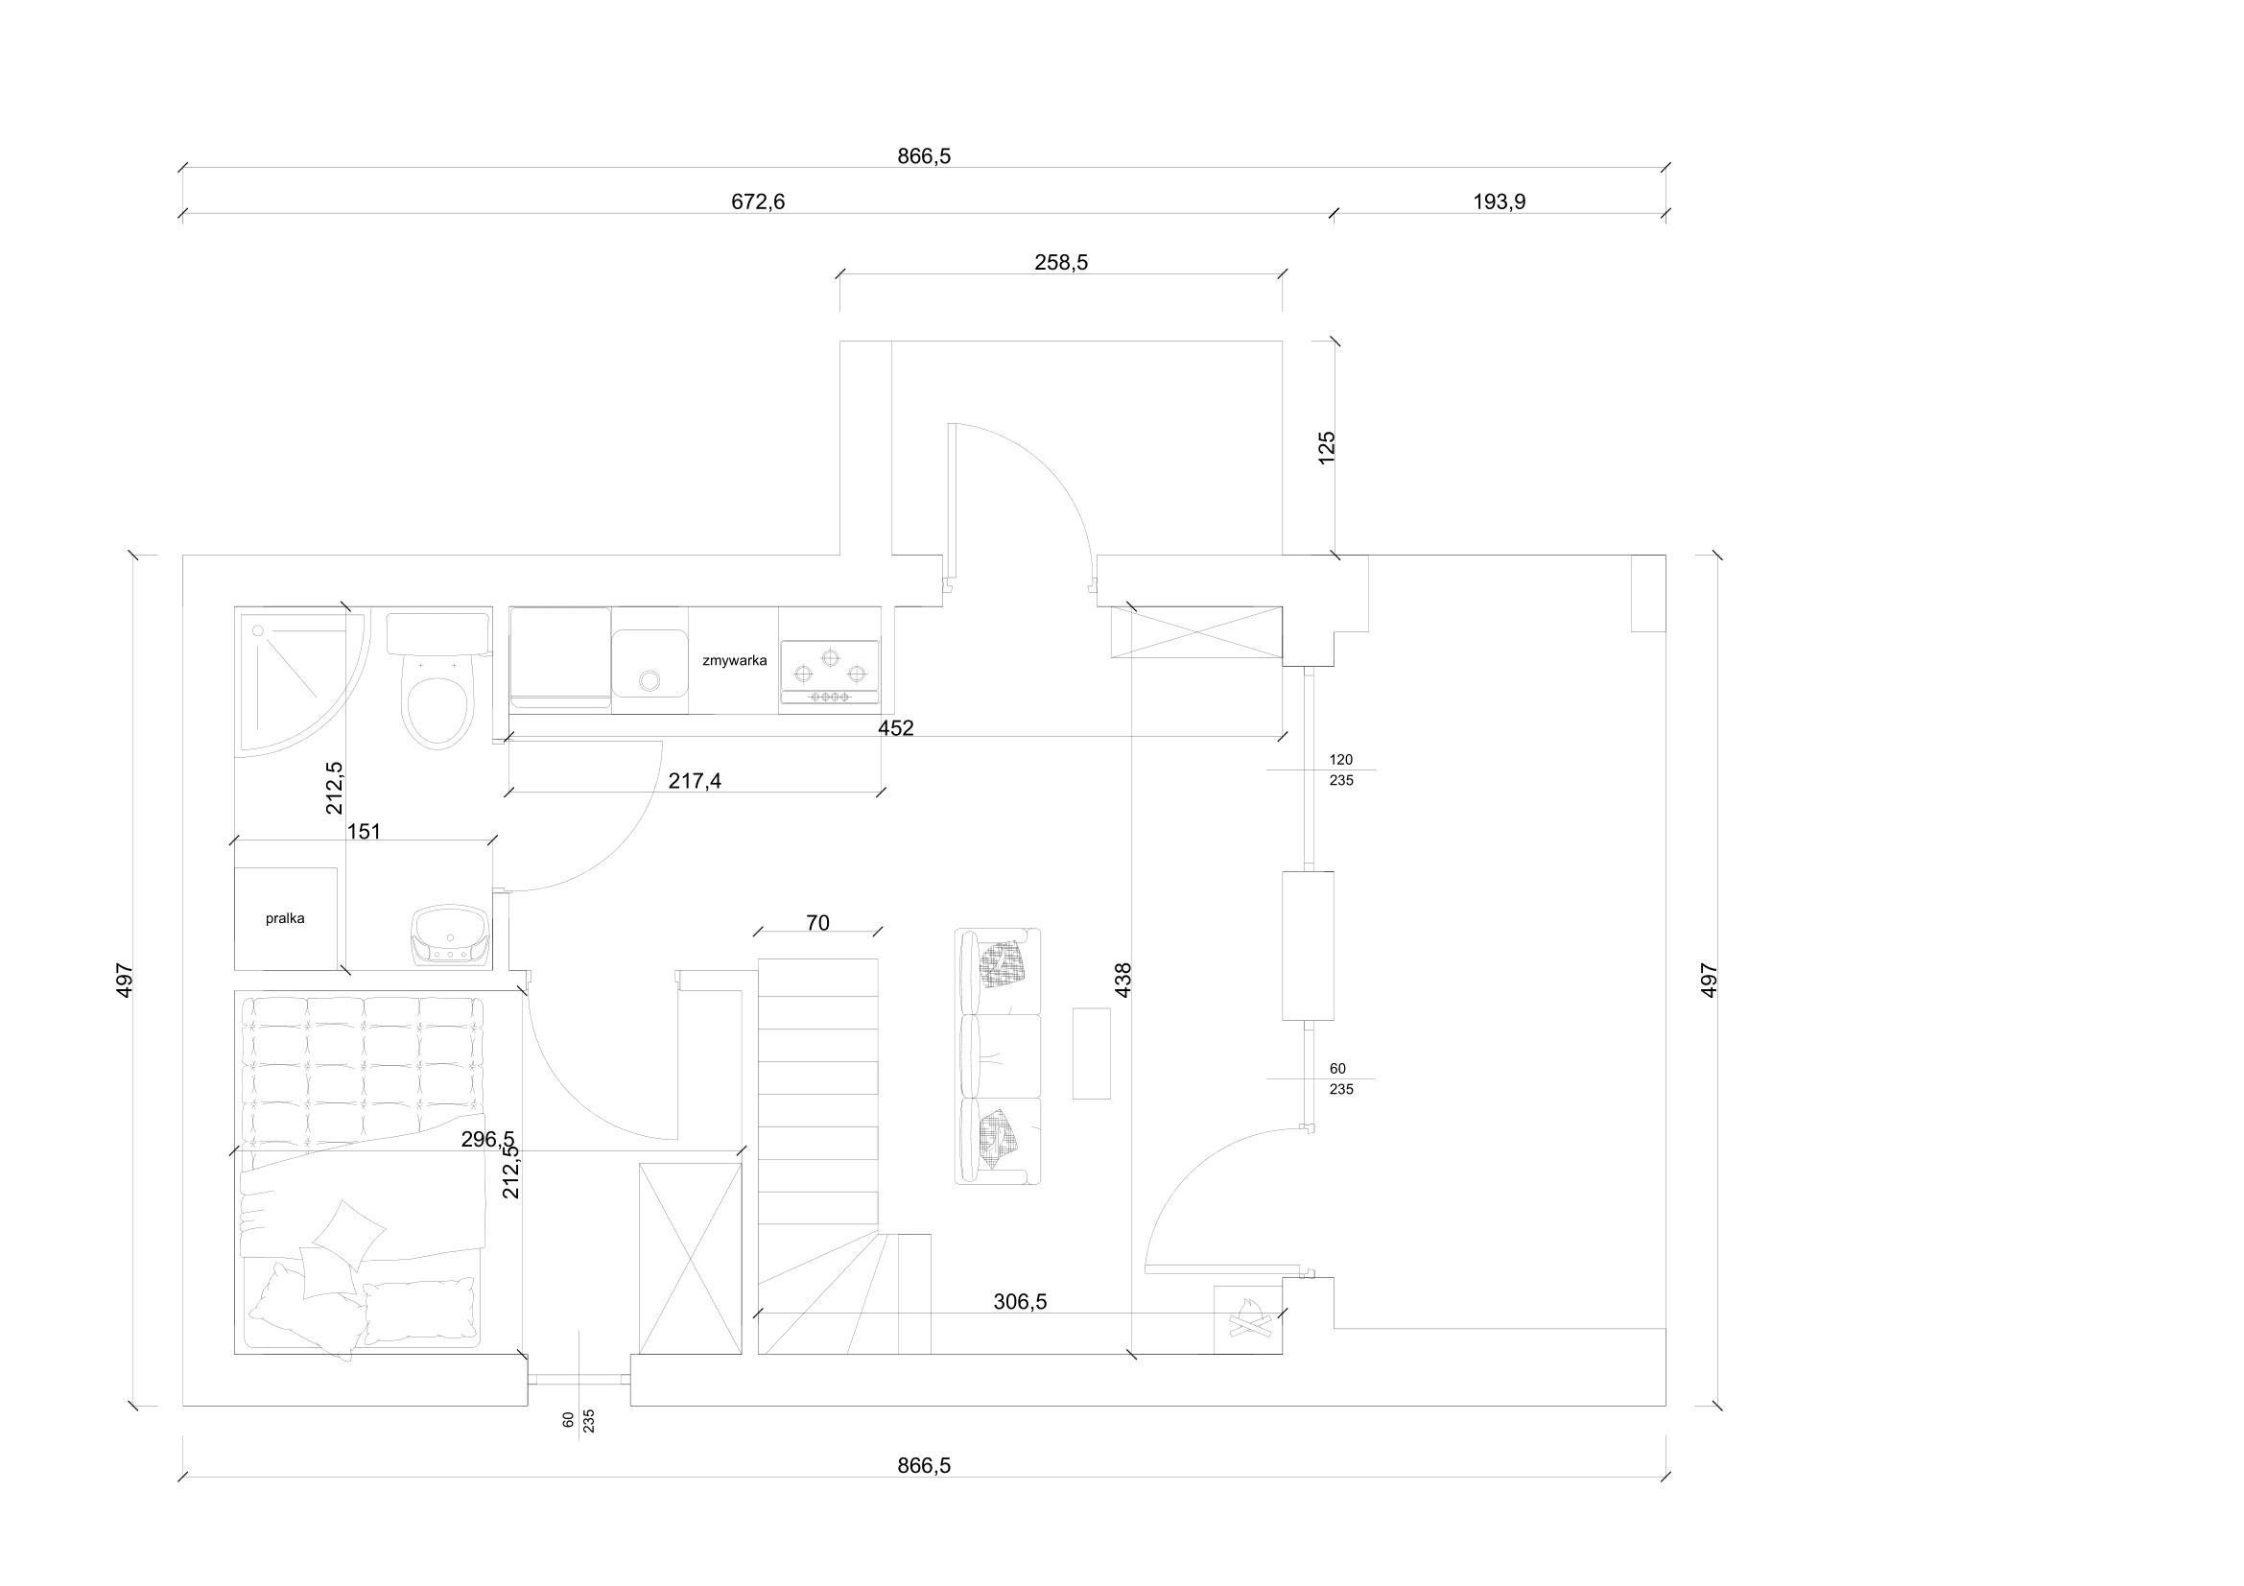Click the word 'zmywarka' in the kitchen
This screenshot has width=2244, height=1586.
click(x=734, y=660)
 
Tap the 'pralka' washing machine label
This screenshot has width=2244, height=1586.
click(x=285, y=918)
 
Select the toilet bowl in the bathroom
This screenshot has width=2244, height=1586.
click(x=438, y=700)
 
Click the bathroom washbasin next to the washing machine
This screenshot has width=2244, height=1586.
click(x=451, y=936)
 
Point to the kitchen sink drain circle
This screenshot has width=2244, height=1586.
click(x=649, y=679)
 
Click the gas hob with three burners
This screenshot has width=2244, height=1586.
click(x=830, y=673)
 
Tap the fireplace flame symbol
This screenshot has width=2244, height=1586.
click(x=1248, y=1319)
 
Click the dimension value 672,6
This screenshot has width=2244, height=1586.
click(x=759, y=202)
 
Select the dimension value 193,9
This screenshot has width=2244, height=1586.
click(x=1500, y=202)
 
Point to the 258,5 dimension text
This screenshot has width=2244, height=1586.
click(x=1061, y=263)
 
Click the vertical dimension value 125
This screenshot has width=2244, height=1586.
click(x=1326, y=447)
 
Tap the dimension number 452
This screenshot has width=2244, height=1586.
click(x=896, y=728)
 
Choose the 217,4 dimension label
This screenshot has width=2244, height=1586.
click(x=695, y=781)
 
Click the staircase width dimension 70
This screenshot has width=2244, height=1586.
click(x=818, y=922)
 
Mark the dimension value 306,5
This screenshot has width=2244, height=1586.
click(x=1021, y=1302)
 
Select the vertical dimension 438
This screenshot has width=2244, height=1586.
click(x=1123, y=981)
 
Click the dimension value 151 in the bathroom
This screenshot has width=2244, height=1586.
click(x=364, y=832)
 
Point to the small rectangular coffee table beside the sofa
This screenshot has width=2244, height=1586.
click(x=1092, y=1053)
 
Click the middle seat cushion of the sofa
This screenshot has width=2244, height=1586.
click(x=1000, y=1056)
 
